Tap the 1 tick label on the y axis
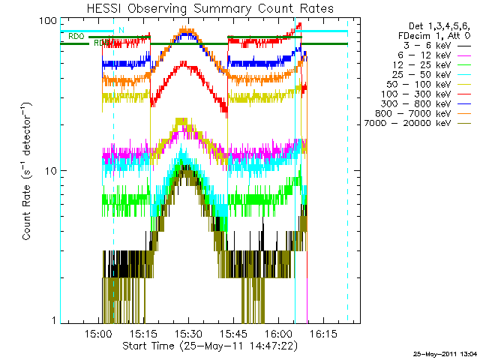[53, 320]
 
